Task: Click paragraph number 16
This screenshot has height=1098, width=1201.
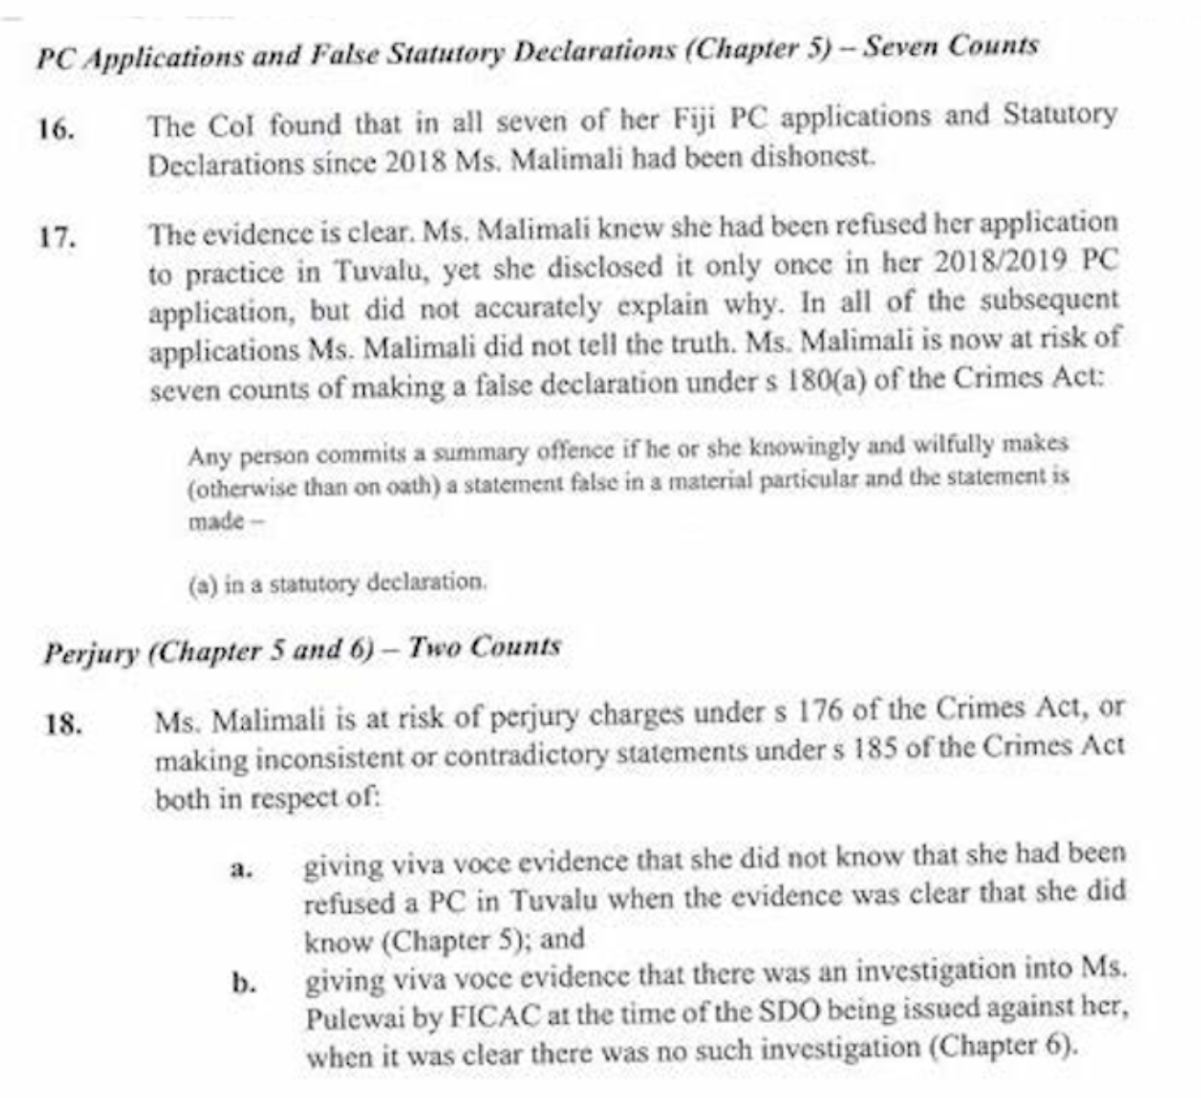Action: pyautogui.click(x=57, y=129)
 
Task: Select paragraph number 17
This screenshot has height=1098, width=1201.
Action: pyautogui.click(x=56, y=237)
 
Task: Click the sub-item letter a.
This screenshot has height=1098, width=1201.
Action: pyautogui.click(x=241, y=869)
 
